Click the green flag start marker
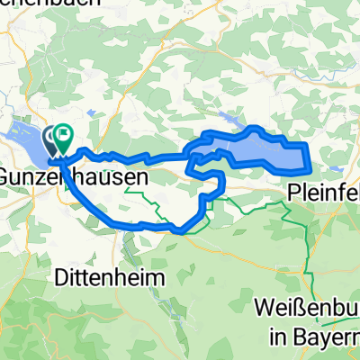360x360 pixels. pyautogui.click(x=65, y=138)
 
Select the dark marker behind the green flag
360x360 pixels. pyautogui.click(x=52, y=139)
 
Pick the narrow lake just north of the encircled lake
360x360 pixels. pyautogui.click(x=232, y=119)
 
